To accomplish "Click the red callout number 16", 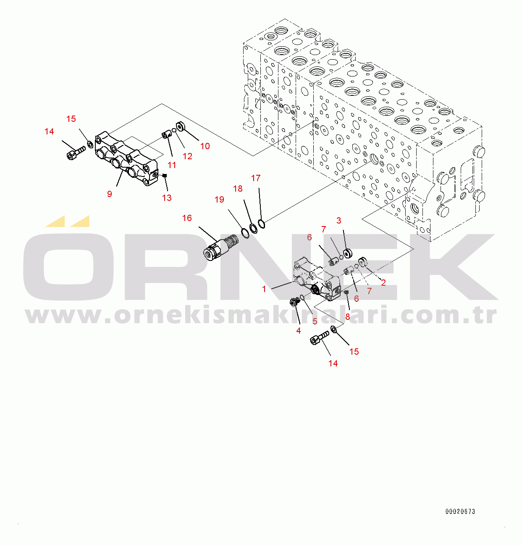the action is [x=187, y=218].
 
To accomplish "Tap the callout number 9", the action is [x=110, y=194].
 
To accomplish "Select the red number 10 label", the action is [x=205, y=146].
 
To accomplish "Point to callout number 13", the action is [x=167, y=198].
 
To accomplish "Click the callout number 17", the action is [x=256, y=178].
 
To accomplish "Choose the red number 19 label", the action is [x=219, y=200].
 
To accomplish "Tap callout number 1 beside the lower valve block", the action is [x=264, y=289].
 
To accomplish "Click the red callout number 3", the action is [x=339, y=221].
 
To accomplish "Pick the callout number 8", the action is [x=348, y=317].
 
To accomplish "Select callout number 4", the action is [x=299, y=331].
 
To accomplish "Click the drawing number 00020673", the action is [x=460, y=511].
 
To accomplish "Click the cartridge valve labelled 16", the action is [x=220, y=247].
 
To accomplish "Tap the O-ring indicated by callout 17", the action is [x=262, y=224].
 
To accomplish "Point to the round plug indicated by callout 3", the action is [x=347, y=253].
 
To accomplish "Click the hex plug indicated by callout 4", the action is [x=294, y=301].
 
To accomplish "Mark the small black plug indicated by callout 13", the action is [x=165, y=176].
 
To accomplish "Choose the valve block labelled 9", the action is [x=126, y=159].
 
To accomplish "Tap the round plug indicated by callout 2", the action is [x=363, y=261].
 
